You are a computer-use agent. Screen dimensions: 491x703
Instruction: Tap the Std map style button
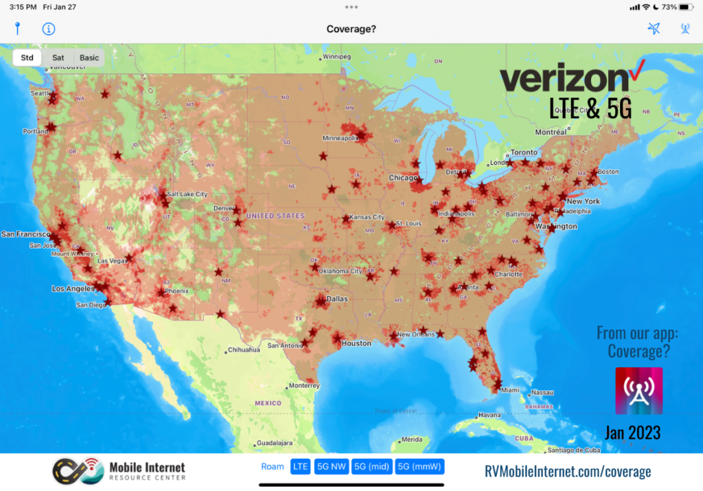[x=27, y=58]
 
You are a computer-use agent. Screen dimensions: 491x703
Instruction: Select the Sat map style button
[x=58, y=58]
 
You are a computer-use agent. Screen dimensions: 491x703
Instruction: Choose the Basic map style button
[x=89, y=58]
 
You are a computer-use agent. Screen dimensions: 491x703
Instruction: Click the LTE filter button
[x=301, y=467]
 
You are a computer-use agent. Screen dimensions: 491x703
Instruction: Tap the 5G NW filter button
[x=332, y=467]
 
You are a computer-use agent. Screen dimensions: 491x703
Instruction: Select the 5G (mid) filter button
[x=371, y=467]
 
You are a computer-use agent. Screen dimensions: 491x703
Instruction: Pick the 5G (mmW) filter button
[x=419, y=467]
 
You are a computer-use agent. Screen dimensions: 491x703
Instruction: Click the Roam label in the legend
[x=273, y=467]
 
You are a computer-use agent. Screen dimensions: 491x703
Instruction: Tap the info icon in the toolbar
[x=49, y=29]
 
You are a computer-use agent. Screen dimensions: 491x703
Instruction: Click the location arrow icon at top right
[x=654, y=29]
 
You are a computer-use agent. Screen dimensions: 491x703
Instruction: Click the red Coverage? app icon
[x=638, y=391]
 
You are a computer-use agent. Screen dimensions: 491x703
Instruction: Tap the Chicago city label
[x=403, y=179]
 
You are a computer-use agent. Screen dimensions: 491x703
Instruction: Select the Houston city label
[x=356, y=343]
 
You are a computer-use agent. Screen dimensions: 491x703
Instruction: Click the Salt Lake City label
[x=187, y=194]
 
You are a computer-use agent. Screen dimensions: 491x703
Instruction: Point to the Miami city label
[x=510, y=390]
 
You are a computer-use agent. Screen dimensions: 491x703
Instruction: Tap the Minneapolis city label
[x=341, y=138]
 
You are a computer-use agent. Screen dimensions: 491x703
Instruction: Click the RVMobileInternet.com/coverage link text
[x=568, y=471]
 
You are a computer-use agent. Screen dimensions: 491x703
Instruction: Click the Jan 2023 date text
[x=632, y=432]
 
